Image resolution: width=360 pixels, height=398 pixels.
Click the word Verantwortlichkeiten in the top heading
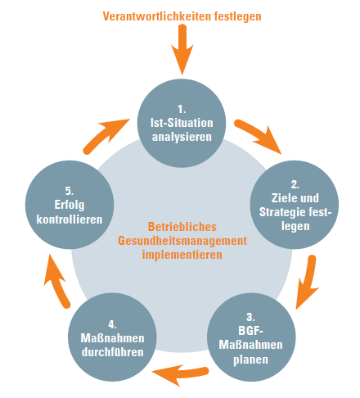(157, 16)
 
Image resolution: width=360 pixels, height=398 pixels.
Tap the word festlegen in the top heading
(238, 16)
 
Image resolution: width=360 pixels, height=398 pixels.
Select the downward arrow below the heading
(182, 49)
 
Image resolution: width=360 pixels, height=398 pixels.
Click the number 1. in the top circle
(182, 109)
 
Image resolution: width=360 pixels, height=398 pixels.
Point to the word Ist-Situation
(182, 123)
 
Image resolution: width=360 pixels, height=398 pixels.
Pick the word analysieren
(182, 137)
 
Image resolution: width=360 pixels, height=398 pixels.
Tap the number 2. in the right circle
(295, 184)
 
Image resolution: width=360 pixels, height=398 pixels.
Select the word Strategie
(282, 212)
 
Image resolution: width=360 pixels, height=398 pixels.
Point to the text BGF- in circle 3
(250, 331)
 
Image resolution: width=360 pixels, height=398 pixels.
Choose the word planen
(250, 360)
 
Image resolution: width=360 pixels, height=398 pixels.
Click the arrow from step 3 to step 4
(180, 374)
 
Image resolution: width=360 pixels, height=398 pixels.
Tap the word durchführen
(113, 352)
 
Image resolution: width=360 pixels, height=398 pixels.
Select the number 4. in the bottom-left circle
(112, 324)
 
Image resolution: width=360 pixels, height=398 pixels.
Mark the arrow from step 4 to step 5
(56, 281)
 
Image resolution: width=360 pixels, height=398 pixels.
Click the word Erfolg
(70, 205)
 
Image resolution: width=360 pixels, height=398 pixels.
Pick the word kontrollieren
(70, 219)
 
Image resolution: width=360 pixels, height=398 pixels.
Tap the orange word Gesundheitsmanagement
(182, 241)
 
